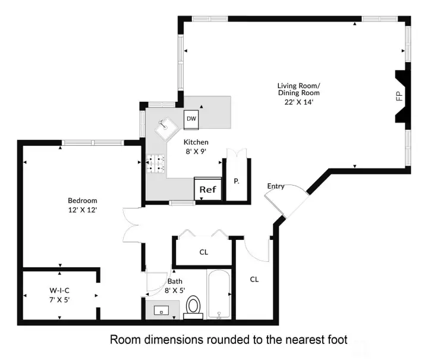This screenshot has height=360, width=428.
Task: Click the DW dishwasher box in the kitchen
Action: [x=191, y=120]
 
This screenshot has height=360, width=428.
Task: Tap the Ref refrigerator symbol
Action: [x=207, y=189]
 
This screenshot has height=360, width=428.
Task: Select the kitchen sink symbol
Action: [x=166, y=127]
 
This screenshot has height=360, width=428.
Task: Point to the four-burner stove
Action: [x=156, y=164]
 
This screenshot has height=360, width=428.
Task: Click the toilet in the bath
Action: [x=193, y=307]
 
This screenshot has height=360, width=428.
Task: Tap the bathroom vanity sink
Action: [x=161, y=310]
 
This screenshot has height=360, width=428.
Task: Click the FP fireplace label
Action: [x=399, y=96]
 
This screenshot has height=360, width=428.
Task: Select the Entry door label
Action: [x=276, y=186]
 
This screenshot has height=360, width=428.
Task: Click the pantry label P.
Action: [x=237, y=181]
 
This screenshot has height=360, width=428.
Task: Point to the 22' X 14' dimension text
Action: [x=298, y=102]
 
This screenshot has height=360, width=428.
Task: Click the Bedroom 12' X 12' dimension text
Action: [x=83, y=210]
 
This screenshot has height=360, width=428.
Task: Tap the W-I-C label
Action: [x=59, y=290]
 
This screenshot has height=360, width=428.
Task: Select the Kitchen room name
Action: [x=196, y=142]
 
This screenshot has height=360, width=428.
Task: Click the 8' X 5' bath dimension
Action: [x=175, y=290]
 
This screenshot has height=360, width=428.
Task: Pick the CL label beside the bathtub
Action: [x=254, y=280]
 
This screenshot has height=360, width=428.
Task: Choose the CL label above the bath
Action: [x=204, y=252]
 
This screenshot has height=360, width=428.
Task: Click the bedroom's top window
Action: [x=93, y=143]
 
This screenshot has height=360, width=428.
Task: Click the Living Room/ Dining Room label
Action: [x=298, y=89]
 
